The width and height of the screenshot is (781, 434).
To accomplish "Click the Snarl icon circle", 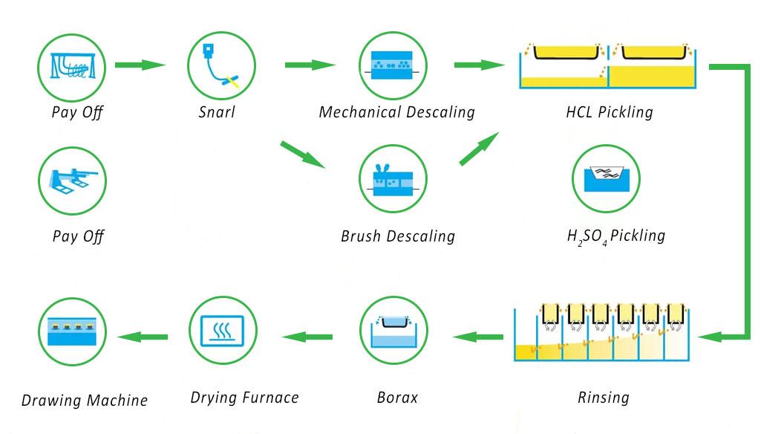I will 223,65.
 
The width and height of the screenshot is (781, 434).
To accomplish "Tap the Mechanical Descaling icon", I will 393,65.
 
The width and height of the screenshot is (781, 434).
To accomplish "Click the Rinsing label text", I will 603,398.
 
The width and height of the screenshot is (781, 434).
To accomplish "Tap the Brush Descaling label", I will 397,237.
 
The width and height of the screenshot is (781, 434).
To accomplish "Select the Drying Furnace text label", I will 244,398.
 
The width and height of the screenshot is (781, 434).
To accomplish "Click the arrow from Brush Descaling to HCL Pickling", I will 479,149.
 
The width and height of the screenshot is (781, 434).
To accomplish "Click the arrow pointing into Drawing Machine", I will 143,337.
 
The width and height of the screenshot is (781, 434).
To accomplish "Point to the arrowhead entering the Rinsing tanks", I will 708,337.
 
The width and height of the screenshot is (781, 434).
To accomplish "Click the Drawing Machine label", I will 85,401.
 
